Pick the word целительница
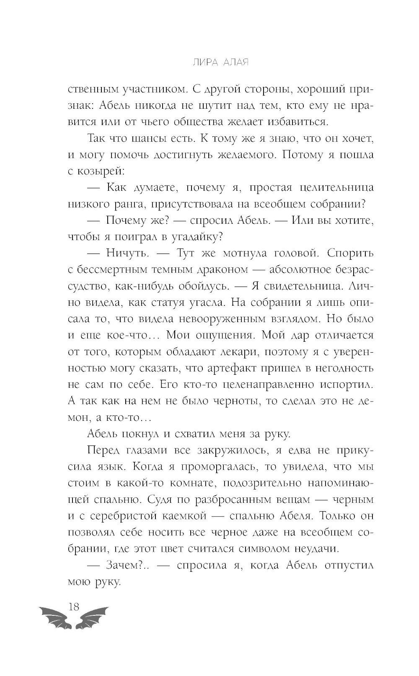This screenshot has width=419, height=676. pyautogui.click(x=331, y=187)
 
